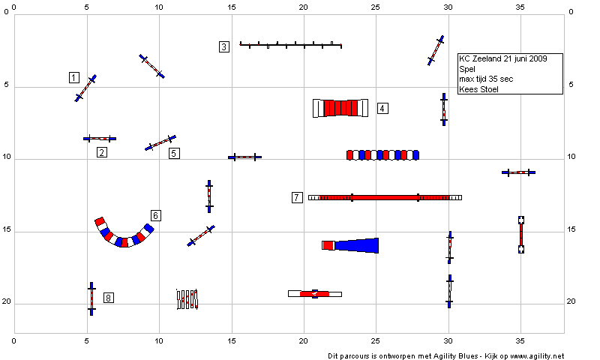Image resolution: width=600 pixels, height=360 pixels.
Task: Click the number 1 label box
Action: pos(74,78)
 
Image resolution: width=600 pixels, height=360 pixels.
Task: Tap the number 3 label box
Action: pos(224,46)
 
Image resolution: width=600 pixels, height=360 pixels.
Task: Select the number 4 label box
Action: pos(382,108)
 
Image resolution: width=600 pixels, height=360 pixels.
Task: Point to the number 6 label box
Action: pos(156,215)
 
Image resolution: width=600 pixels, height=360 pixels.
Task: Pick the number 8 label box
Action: pos(109,298)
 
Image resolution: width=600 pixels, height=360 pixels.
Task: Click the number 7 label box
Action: pos(297,197)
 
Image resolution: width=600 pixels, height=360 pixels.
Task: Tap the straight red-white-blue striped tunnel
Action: pos(382,155)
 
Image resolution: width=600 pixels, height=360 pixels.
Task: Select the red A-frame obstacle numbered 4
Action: pos(340,108)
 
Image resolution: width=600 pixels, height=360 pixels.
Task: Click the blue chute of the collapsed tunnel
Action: pos(357,245)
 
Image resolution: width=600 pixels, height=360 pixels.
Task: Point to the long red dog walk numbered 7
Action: pos(385,198)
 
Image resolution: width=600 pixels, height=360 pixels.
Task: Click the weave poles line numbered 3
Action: pos(290,45)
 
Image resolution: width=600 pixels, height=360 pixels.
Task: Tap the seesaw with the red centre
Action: pos(314,294)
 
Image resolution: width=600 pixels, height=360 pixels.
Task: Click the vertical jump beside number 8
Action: pos(91,298)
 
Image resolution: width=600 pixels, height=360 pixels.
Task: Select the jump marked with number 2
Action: pos(100,139)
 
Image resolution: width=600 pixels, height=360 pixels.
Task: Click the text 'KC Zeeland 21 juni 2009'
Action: pos(503,58)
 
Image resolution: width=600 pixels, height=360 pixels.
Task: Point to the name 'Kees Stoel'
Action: pos(478,89)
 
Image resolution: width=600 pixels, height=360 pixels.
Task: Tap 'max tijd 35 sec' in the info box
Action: pos(486,79)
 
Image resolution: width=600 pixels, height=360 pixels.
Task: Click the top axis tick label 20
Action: pos(303,7)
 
